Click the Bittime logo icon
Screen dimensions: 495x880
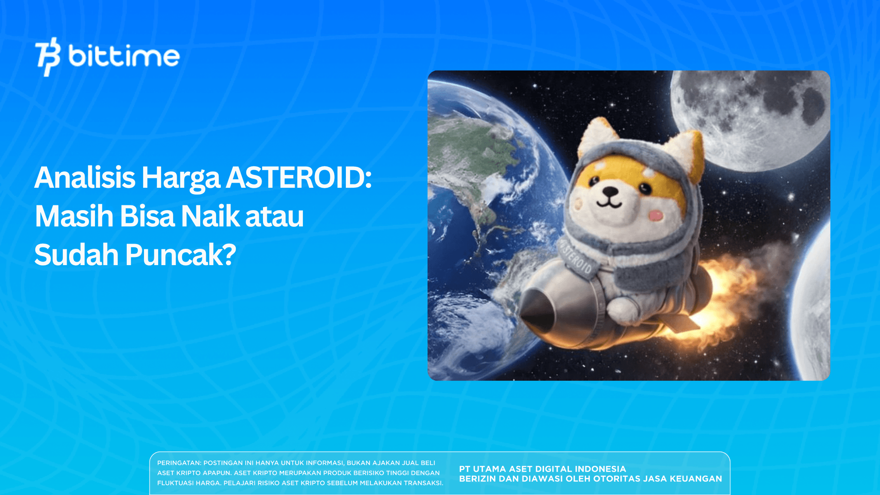point(48,56)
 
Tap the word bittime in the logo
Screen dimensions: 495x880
point(124,57)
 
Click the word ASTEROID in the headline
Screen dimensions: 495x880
point(299,177)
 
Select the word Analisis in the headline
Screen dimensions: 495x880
point(85,177)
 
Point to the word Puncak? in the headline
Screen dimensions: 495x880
point(180,255)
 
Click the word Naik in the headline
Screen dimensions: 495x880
point(210,216)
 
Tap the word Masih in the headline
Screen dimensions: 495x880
point(74,216)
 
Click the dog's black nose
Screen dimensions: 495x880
point(609,192)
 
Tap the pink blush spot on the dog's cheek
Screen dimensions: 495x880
point(656,215)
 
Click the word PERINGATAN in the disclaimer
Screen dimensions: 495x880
point(179,463)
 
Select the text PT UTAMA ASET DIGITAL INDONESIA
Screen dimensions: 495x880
point(542,469)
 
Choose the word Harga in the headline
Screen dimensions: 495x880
point(180,177)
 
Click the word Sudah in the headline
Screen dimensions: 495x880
point(76,255)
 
